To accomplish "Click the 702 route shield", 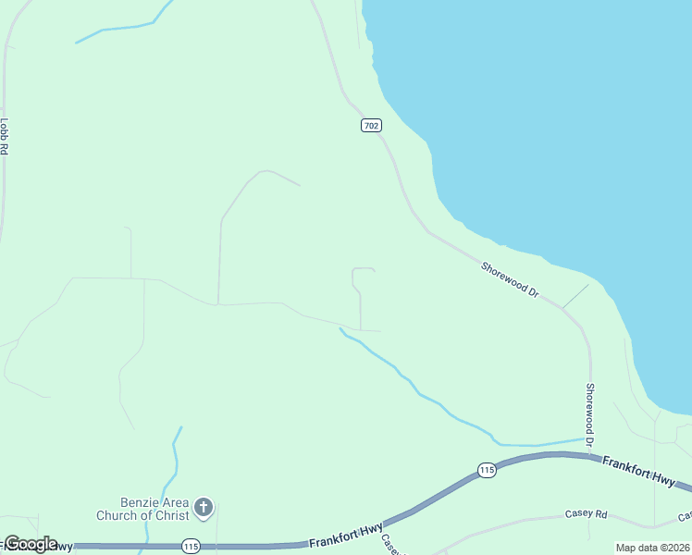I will [370, 125].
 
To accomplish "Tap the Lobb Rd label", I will [5, 135].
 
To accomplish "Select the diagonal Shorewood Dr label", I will [510, 278].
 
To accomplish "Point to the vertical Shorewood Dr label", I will [590, 413].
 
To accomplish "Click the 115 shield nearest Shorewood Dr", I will [487, 471].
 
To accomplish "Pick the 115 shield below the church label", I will [191, 546].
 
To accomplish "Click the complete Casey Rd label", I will [587, 514].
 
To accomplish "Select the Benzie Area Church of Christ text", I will [142, 508].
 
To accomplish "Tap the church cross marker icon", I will [204, 508].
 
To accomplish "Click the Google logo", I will [31, 544].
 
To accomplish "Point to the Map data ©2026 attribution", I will [651, 548].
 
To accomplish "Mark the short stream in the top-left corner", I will [125, 29].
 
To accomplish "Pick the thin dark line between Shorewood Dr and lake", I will [575, 296].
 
